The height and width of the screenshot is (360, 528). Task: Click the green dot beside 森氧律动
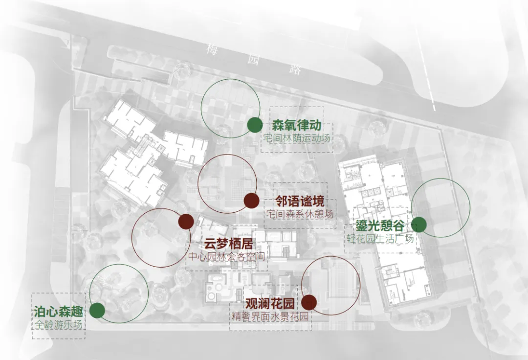click(254, 125)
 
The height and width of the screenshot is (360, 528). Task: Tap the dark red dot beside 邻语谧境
click(251, 201)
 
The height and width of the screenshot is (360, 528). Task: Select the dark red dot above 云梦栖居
click(186, 222)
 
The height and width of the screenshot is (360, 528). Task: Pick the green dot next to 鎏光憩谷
click(418, 225)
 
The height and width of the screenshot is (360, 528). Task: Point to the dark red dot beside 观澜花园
click(309, 303)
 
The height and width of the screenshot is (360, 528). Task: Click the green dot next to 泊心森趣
click(97, 310)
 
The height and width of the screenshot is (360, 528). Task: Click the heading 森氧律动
click(297, 125)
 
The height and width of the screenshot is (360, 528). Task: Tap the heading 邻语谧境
click(300, 202)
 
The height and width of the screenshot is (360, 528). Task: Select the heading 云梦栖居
click(228, 243)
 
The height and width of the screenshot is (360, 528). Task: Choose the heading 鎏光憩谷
click(380, 226)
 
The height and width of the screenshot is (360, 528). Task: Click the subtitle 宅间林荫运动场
click(297, 138)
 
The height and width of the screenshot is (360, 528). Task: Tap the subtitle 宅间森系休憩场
click(300, 214)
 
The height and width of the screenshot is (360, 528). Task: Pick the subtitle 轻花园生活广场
click(380, 239)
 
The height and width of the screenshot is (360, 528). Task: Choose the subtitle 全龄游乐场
click(58, 324)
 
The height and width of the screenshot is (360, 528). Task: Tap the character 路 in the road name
click(295, 69)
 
